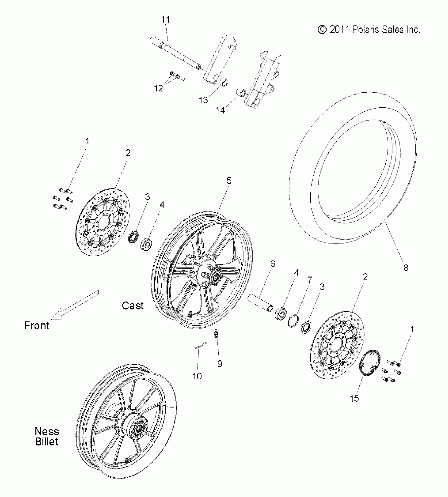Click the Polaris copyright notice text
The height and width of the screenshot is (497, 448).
pyautogui.click(x=369, y=30)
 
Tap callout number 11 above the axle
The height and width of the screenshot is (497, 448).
pyautogui.click(x=165, y=20)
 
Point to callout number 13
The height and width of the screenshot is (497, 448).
pyautogui.click(x=203, y=100)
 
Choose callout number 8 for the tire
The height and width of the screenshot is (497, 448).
pyautogui.click(x=406, y=268)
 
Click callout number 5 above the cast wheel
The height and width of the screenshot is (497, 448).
pyautogui.click(x=229, y=181)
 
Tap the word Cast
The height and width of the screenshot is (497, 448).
pyautogui.click(x=133, y=306)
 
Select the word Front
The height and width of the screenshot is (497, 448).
pyautogui.click(x=37, y=326)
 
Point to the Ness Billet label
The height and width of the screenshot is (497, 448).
pyautogui.click(x=47, y=437)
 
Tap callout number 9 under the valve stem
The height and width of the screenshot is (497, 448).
pyautogui.click(x=220, y=364)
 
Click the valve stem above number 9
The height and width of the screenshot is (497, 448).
pyautogui.click(x=216, y=334)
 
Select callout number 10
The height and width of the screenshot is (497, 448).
pyautogui.click(x=197, y=376)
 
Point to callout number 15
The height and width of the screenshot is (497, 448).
pyautogui.click(x=354, y=398)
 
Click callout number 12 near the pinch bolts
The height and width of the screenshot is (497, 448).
pyautogui.click(x=158, y=88)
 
